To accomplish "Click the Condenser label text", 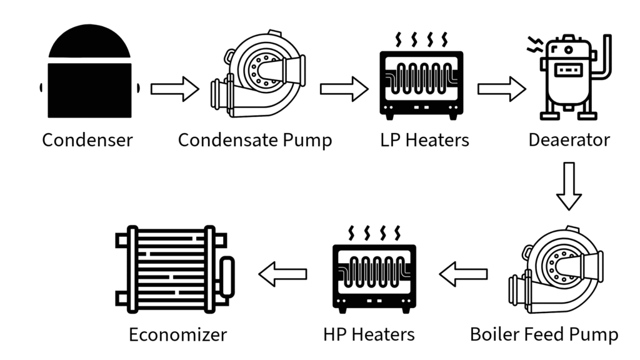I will click(87, 139).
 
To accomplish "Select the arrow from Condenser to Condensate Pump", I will click(174, 89).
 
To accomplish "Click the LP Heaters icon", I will click(422, 78).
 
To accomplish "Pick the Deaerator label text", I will click(569, 139).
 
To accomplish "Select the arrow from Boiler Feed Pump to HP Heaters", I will click(464, 273).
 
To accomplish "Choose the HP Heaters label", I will click(369, 334).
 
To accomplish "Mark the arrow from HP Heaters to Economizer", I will click(283, 273).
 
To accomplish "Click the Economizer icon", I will click(175, 269).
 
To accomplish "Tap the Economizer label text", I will click(177, 334).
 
